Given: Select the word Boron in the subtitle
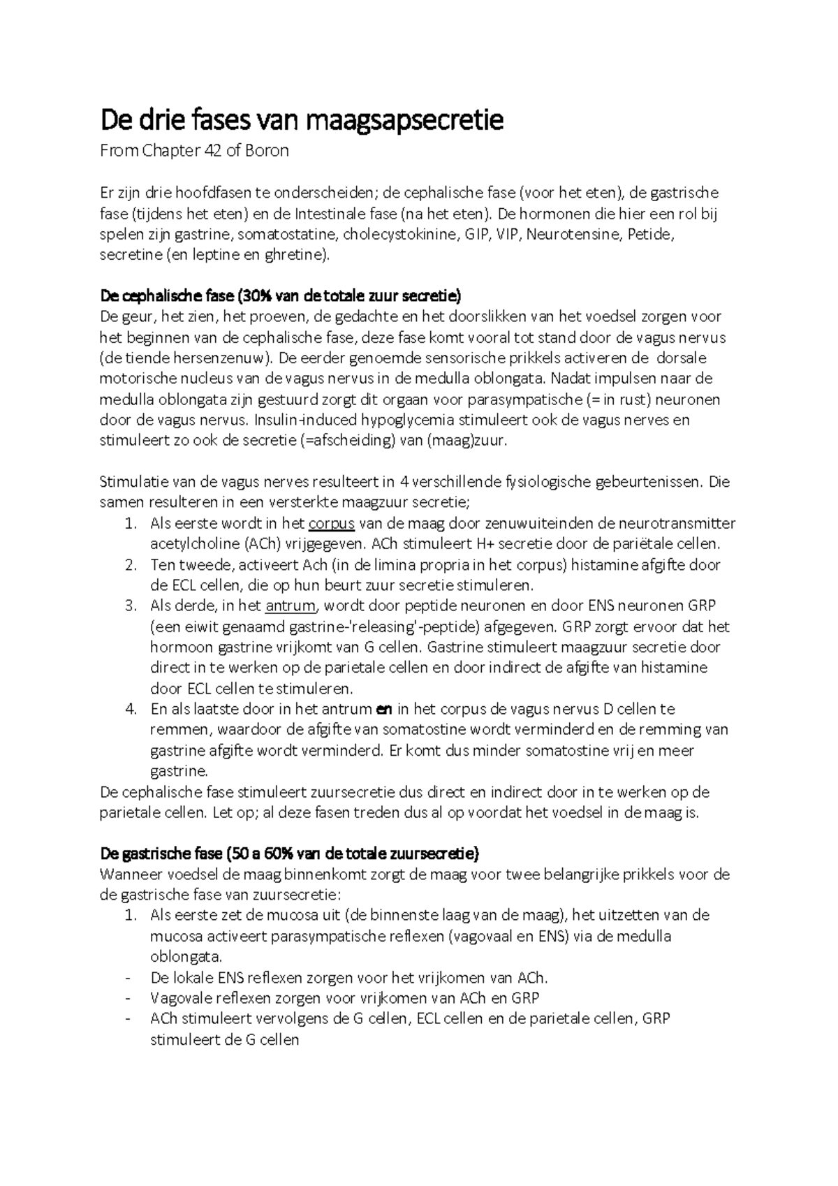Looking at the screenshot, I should click(267, 151).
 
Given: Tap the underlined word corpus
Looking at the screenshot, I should click(332, 524).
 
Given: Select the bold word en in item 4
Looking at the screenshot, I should click(384, 710).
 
